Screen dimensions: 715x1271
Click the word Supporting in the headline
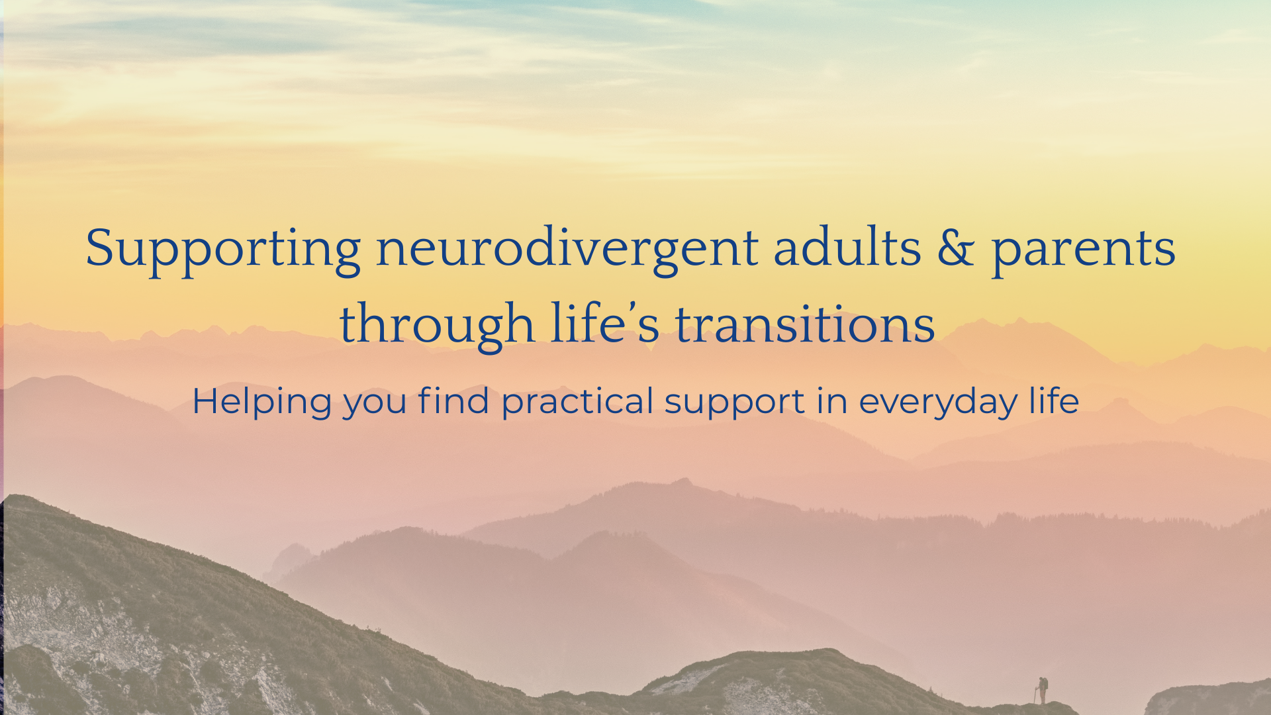tap(223, 249)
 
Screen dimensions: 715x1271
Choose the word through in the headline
tap(437, 325)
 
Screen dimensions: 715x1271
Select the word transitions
tap(804, 324)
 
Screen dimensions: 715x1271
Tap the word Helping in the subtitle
tap(261, 402)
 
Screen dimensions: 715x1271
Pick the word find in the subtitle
tap(453, 401)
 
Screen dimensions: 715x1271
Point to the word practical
tap(577, 402)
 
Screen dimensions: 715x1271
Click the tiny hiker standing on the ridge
tap(1043, 689)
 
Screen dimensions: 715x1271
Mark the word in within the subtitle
tap(831, 401)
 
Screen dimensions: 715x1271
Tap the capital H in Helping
tap(205, 401)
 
